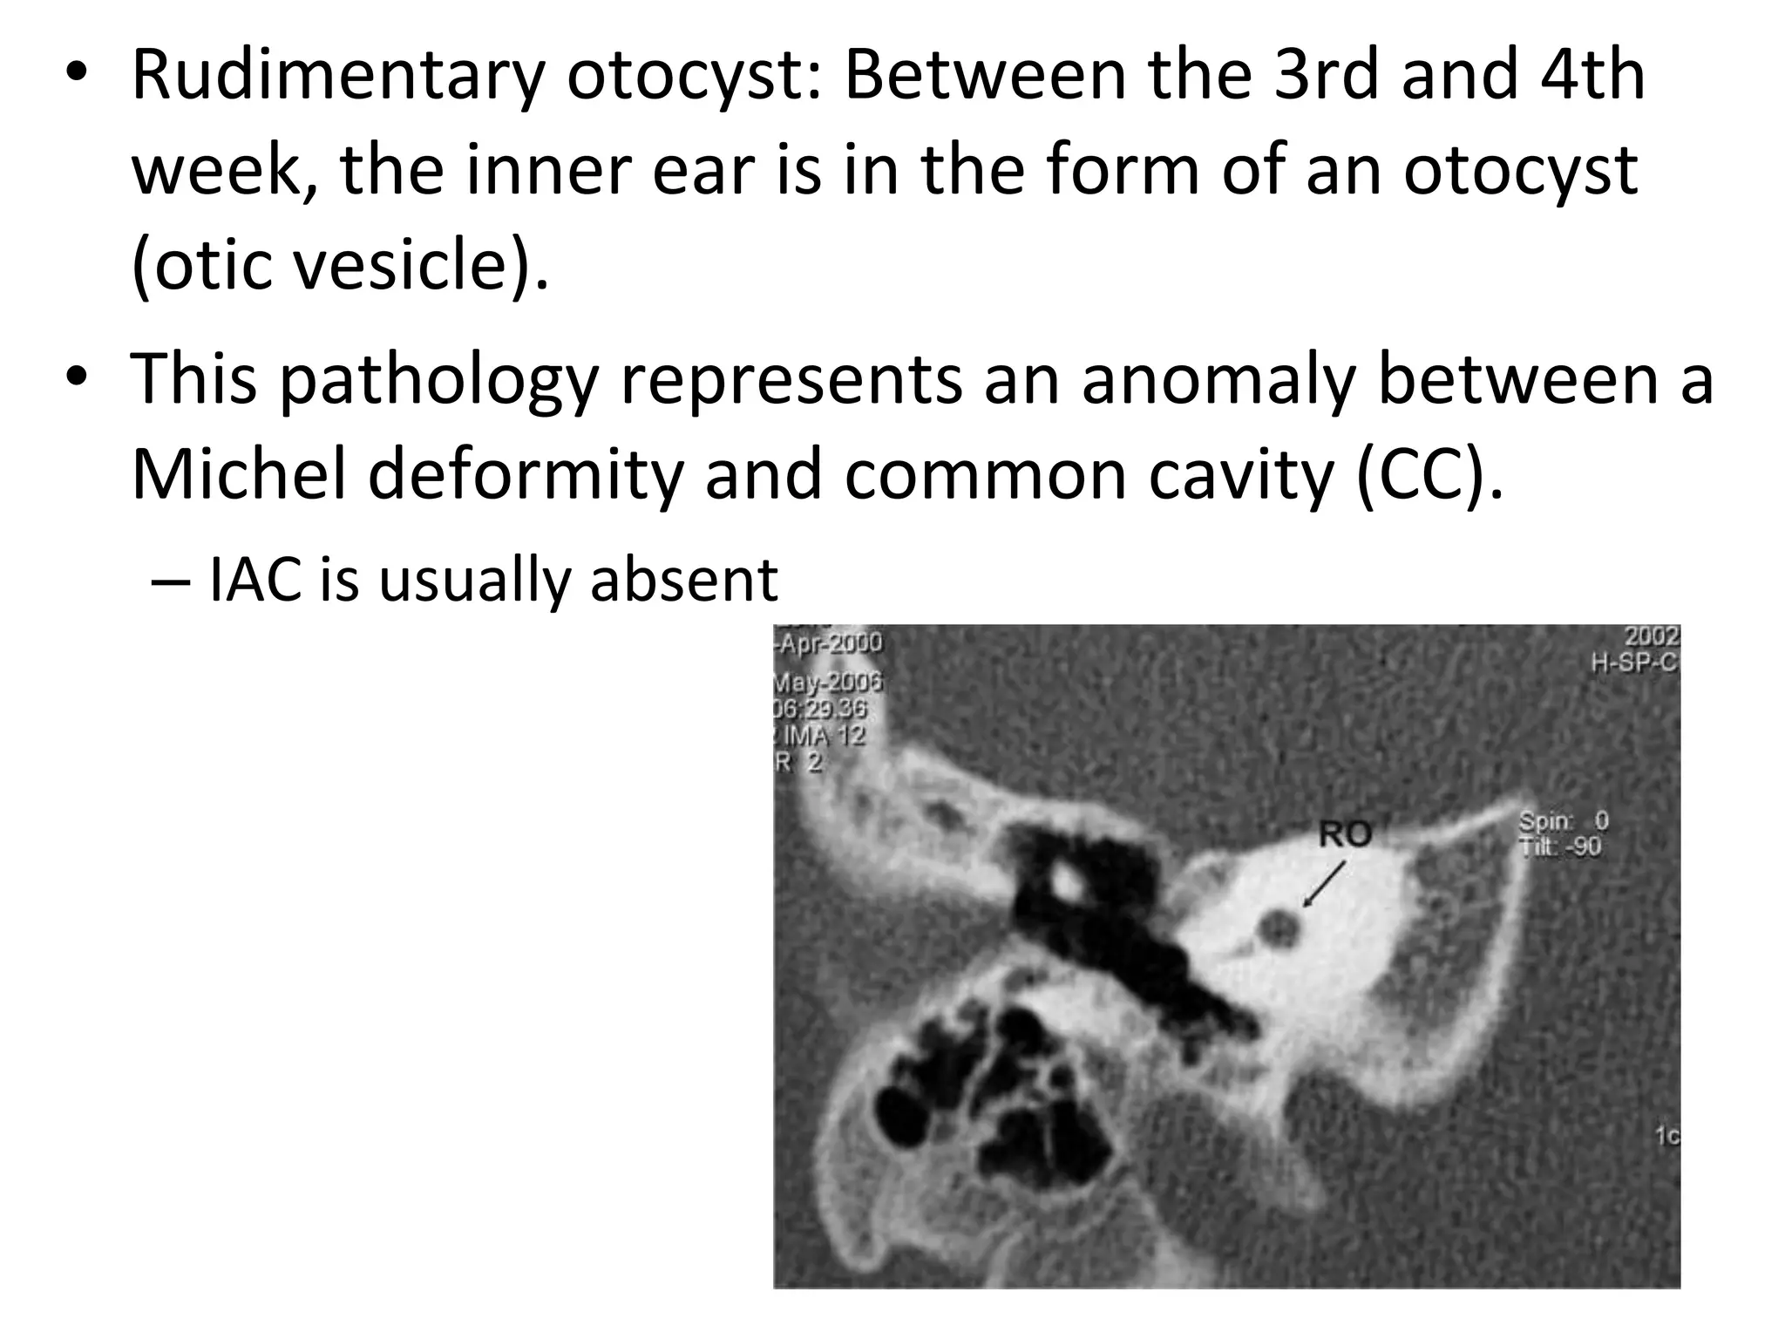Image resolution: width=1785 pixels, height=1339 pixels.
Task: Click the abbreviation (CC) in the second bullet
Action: (x=1429, y=475)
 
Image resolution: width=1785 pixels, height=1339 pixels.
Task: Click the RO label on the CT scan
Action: (x=1345, y=834)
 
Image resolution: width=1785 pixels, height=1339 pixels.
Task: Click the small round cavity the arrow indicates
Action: (x=1279, y=928)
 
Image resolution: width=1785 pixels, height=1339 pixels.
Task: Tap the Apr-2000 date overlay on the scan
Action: (x=829, y=643)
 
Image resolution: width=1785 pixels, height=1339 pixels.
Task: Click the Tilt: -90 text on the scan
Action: (x=1560, y=846)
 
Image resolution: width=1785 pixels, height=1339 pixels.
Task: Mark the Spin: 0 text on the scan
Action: (x=1563, y=821)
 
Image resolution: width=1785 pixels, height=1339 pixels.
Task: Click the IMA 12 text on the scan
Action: (x=824, y=736)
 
